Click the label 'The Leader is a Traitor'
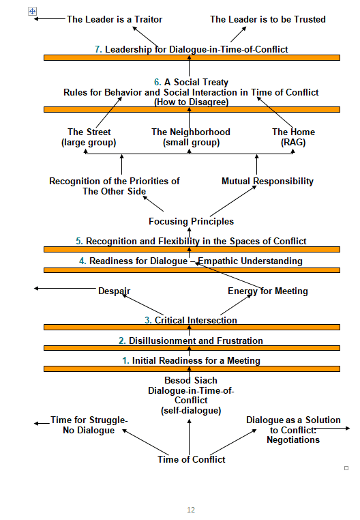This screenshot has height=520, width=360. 115,20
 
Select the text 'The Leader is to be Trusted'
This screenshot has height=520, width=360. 268,20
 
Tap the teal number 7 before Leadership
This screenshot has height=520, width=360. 98,49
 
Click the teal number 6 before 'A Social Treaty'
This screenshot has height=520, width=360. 157,83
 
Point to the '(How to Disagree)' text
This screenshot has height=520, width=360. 192,102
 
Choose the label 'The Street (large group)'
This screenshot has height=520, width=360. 89,137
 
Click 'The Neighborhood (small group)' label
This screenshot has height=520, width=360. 191,137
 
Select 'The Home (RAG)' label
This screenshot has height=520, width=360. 293,137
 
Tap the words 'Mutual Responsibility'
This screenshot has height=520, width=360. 267,181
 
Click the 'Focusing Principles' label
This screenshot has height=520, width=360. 192,221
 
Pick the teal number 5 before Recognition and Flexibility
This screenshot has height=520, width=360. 79,241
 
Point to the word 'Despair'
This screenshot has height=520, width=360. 115,291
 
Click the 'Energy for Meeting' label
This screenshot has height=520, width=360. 268,291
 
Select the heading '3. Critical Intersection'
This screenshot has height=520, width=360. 191,320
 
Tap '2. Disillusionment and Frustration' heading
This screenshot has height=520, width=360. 191,341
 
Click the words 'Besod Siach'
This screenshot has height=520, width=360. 191,380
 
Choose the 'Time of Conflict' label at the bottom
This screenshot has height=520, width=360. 192,459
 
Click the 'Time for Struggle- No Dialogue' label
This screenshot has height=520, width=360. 89,425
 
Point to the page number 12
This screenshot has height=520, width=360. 191,510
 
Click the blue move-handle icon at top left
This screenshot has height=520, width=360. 32,12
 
